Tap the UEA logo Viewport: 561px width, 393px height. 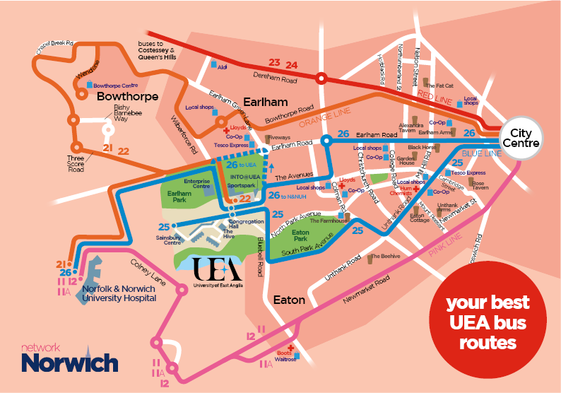217,271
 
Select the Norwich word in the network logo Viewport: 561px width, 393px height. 69,363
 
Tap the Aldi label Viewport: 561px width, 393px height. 222,67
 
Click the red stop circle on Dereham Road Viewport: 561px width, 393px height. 321,78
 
